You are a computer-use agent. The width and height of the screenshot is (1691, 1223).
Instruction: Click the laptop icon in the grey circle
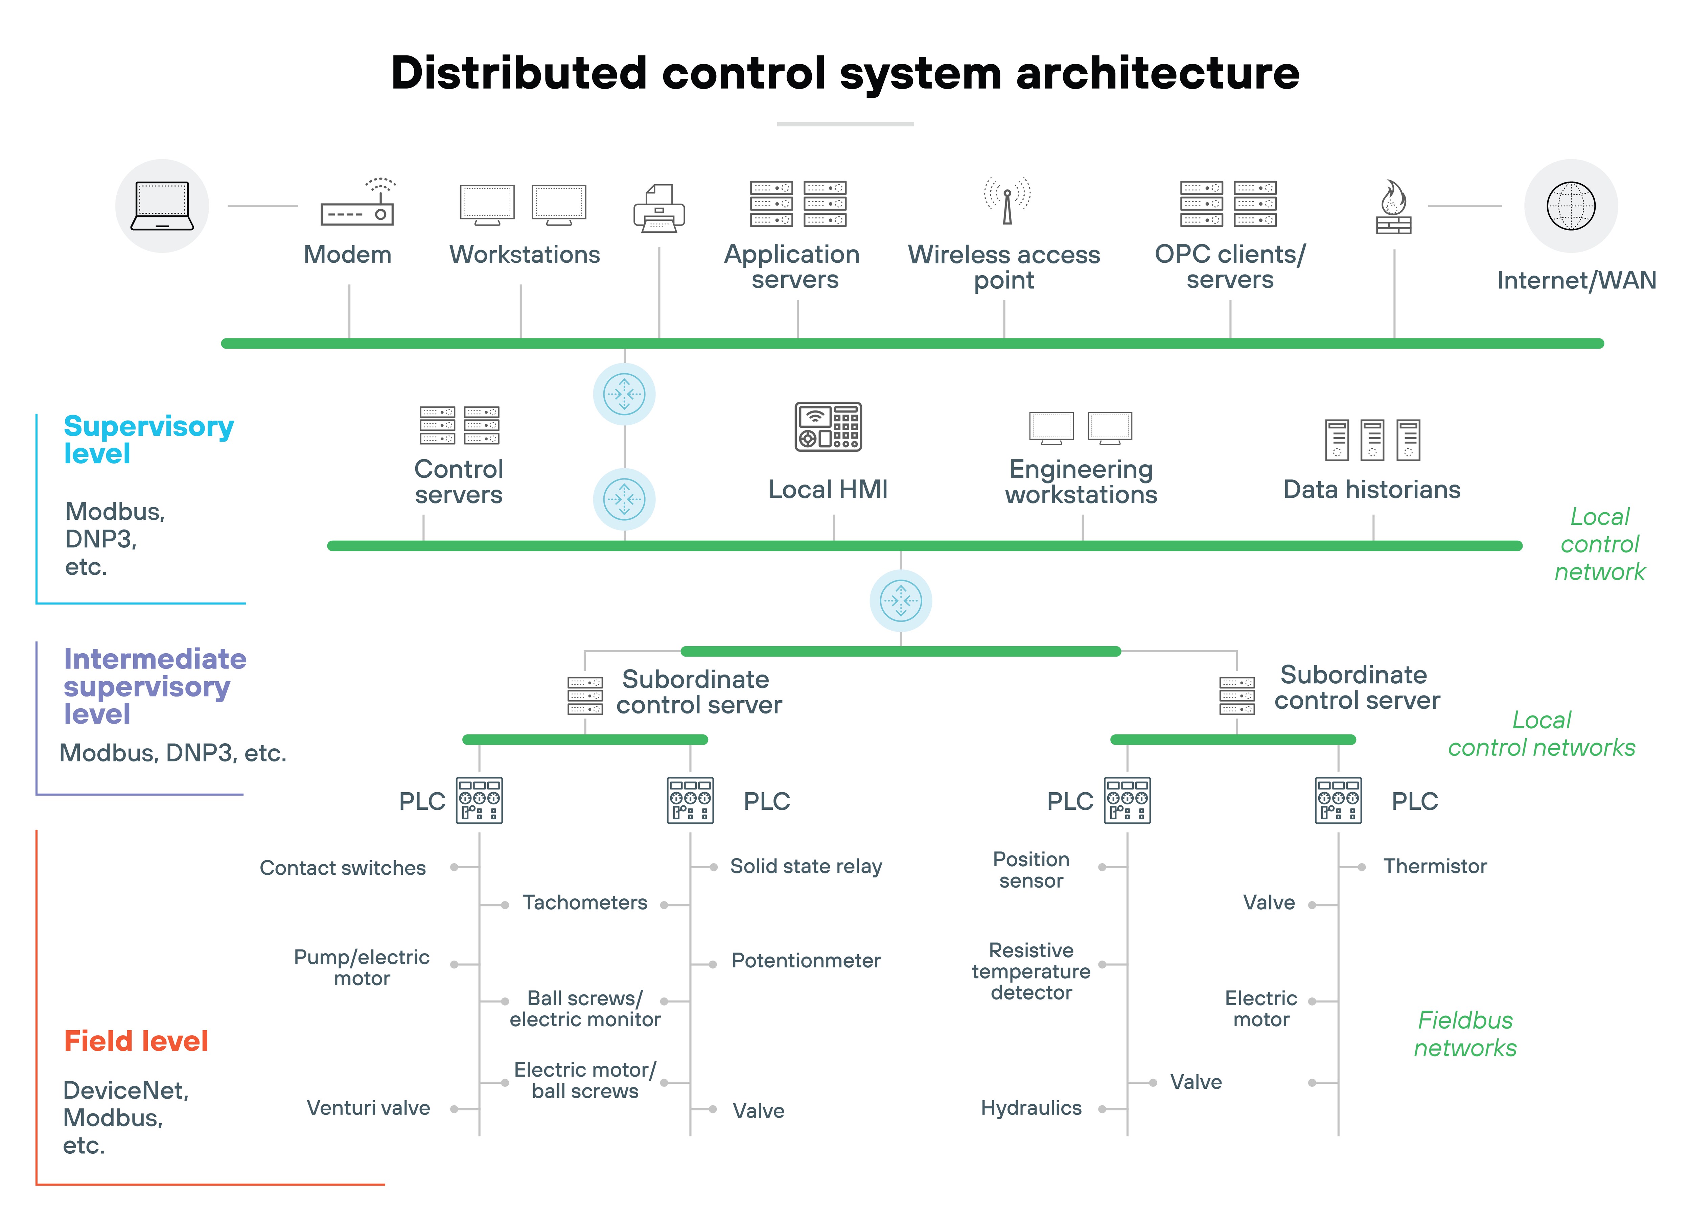coord(162,206)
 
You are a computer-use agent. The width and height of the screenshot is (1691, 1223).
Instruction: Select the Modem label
coord(347,255)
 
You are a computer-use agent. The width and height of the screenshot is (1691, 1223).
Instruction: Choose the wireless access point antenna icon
coord(1006,201)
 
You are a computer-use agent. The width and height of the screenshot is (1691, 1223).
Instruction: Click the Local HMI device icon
coord(828,427)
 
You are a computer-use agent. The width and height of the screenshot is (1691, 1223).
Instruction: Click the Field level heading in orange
coord(136,1041)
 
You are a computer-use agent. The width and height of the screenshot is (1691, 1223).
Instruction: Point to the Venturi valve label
coord(368,1108)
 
